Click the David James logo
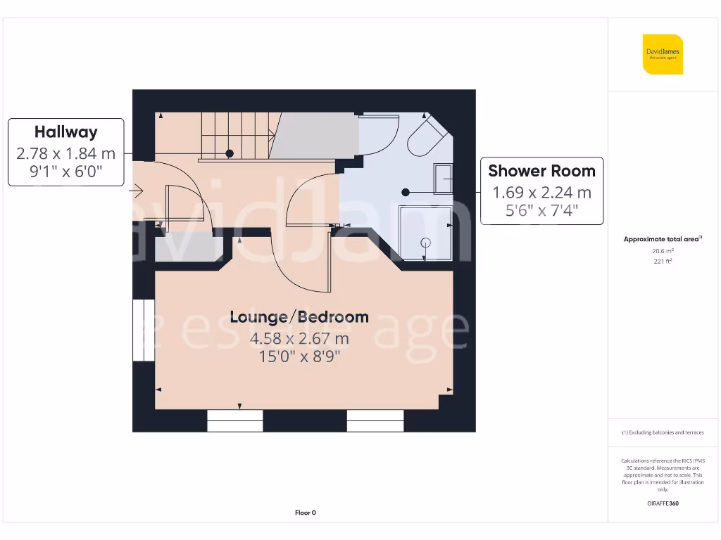663,54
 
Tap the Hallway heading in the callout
66,131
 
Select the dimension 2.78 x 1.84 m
65,153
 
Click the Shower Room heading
541,170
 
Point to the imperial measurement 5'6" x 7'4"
541,210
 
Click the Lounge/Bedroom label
299,316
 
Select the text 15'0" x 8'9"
299,356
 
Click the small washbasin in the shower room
444,179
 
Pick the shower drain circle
425,243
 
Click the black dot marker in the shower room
406,192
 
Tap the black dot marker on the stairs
230,153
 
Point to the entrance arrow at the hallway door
137,190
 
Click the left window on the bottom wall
235,421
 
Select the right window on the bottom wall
375,421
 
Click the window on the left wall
143,330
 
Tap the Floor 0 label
305,513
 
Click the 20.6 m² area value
662,250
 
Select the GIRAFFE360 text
662,503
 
